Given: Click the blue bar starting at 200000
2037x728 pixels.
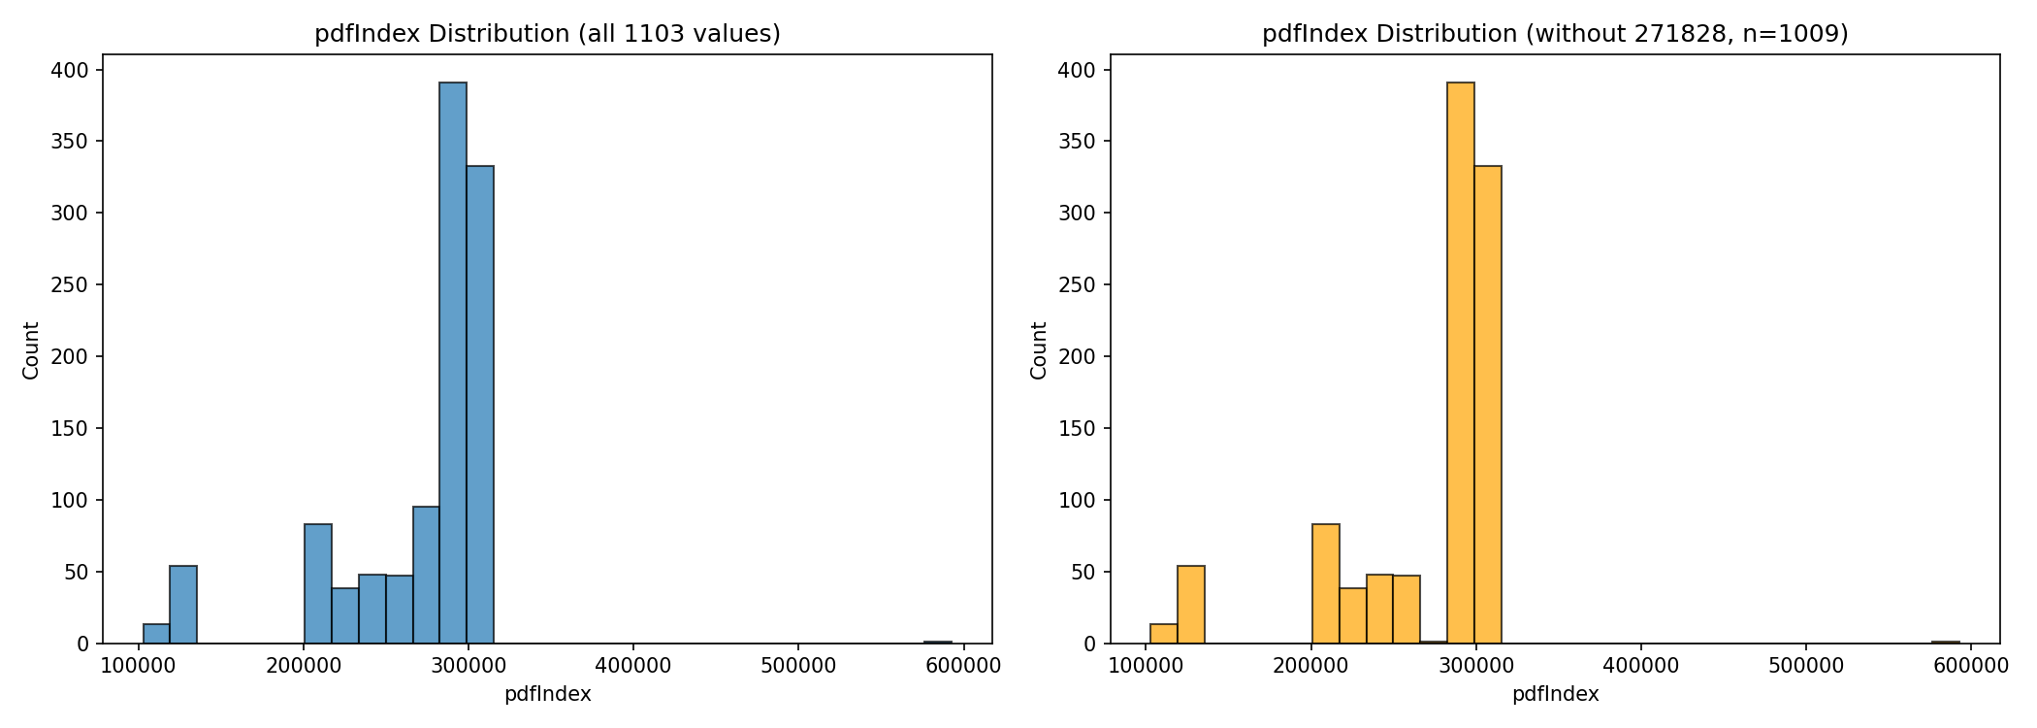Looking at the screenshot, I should (x=318, y=583).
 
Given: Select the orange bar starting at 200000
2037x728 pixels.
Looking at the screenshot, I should (x=1326, y=583).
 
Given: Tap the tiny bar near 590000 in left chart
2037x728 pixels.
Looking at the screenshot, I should (x=938, y=642).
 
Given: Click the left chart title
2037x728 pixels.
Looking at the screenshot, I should (x=547, y=34).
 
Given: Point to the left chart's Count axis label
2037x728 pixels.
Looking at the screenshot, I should (x=31, y=350).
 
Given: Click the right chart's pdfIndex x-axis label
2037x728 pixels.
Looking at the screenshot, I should (x=1555, y=694).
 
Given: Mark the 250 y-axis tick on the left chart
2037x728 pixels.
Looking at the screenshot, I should (x=70, y=285).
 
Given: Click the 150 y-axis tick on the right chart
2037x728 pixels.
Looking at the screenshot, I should (x=1078, y=429).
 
